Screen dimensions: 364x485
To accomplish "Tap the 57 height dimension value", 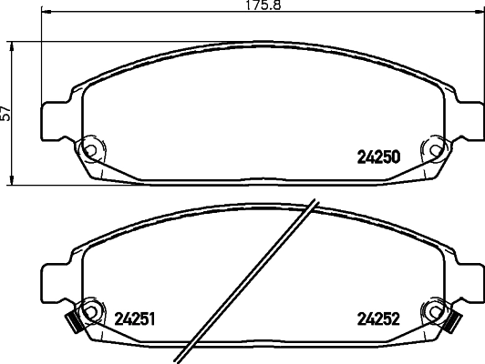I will coord(7,113).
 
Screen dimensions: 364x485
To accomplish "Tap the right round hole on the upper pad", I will coord(428,146).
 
